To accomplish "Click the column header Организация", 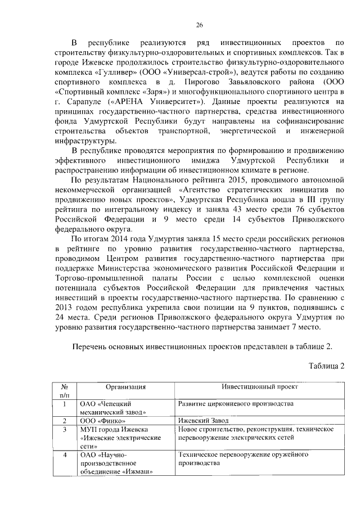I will [125, 387].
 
